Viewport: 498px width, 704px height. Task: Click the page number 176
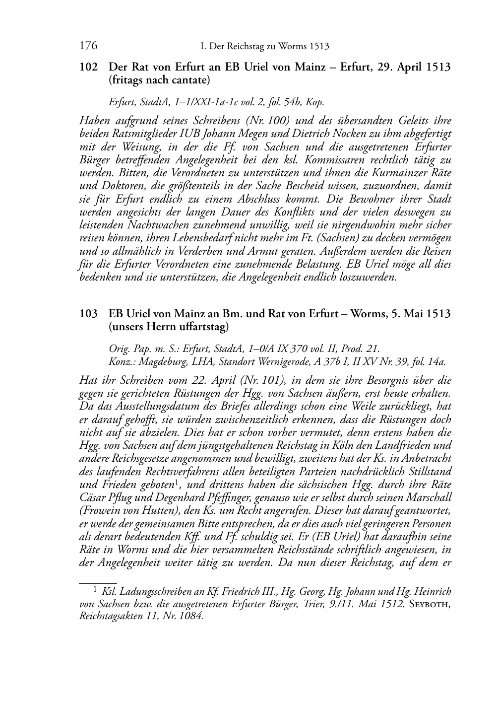pyautogui.click(x=88, y=46)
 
